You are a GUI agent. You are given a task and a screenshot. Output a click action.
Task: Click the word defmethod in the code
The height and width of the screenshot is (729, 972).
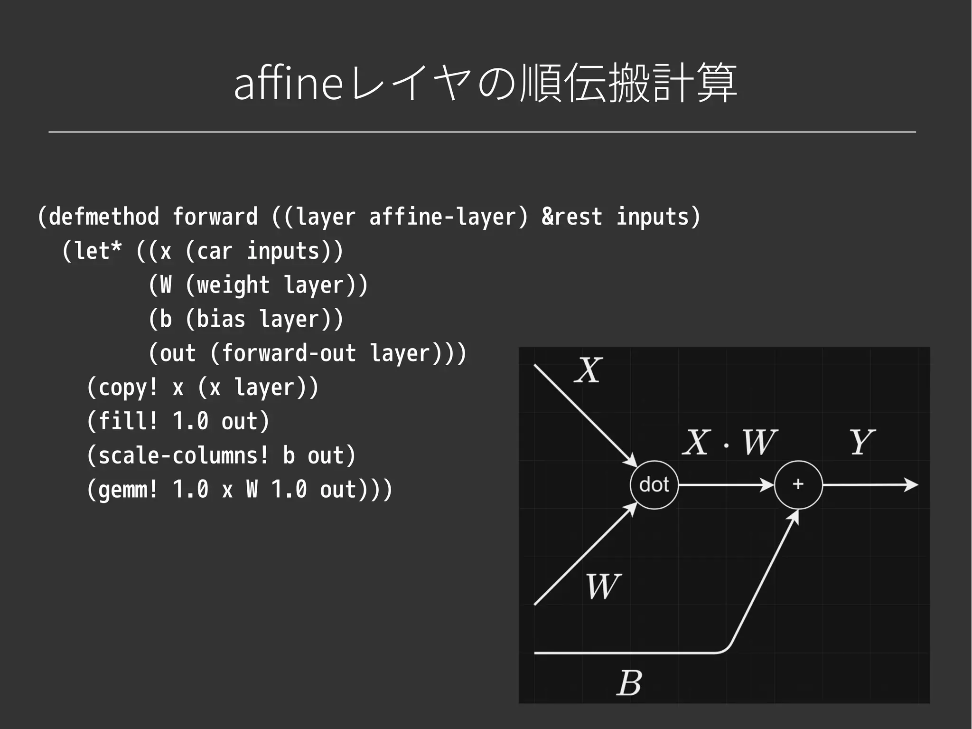click(104, 217)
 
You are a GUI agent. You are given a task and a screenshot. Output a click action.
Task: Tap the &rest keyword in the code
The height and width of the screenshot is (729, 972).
click(571, 217)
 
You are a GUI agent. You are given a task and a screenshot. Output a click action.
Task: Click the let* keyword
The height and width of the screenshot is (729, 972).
click(98, 251)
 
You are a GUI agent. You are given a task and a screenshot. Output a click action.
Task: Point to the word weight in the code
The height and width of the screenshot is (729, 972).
click(233, 285)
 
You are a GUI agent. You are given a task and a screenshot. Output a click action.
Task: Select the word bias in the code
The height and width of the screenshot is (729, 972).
click(221, 319)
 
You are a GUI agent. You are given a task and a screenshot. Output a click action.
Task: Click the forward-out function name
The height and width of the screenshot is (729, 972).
click(289, 353)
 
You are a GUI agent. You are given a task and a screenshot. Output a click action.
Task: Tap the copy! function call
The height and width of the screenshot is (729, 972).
click(128, 388)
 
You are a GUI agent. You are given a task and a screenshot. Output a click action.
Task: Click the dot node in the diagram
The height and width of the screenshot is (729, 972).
click(654, 485)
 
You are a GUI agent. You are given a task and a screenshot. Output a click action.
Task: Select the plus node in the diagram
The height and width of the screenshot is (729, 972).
click(798, 484)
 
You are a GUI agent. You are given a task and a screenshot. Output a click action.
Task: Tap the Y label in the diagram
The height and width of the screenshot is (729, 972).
click(861, 442)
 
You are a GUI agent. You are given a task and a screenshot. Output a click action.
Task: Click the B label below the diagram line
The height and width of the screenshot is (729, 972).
click(630, 683)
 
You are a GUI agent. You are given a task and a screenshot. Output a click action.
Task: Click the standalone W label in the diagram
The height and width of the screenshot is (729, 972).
click(603, 587)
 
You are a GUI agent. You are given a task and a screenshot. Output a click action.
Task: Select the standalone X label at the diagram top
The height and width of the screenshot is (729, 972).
click(589, 370)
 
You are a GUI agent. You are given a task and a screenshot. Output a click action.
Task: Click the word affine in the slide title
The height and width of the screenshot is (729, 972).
click(288, 84)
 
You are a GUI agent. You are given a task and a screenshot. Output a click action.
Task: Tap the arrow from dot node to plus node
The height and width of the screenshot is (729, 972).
click(726, 485)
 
